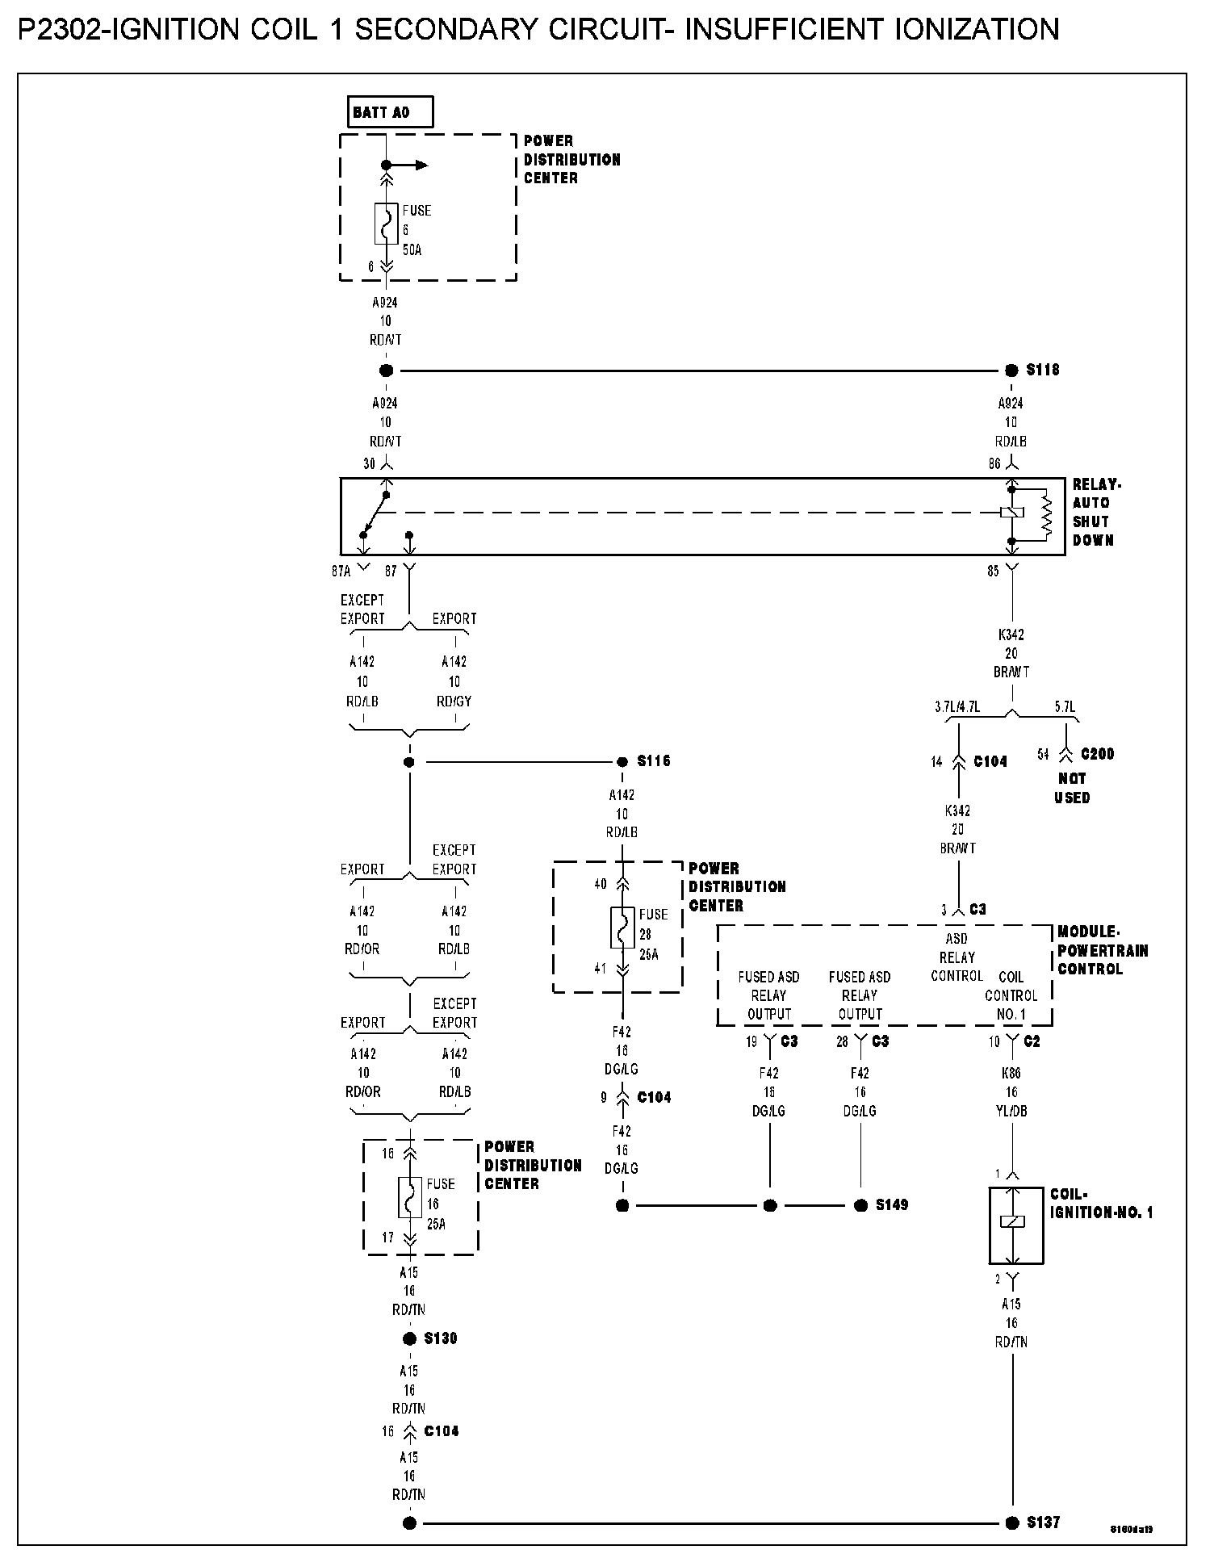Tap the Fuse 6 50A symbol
click(x=386, y=224)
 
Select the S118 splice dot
click(x=1011, y=371)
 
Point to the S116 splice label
click(x=654, y=761)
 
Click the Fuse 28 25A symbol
click(x=622, y=928)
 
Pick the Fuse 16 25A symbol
click(x=409, y=1197)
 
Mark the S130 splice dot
click(x=409, y=1339)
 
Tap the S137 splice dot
click(x=1011, y=1523)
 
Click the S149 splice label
click(x=892, y=1205)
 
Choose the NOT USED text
click(x=1072, y=789)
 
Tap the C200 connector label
click(x=1097, y=755)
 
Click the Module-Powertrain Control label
click(x=1102, y=950)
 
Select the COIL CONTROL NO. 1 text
click(x=1011, y=995)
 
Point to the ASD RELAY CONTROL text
click(x=957, y=957)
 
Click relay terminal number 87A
click(x=341, y=572)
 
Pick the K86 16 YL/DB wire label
click(x=1011, y=1092)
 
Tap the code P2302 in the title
click(x=61, y=31)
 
